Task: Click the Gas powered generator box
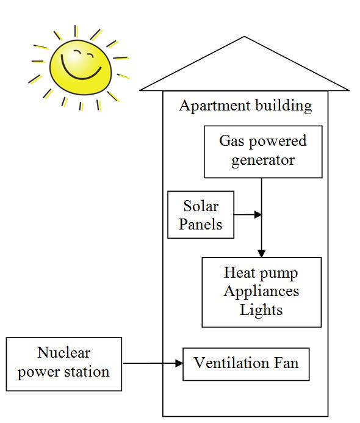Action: [263, 151]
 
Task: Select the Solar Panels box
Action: [201, 214]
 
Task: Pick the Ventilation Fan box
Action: [246, 364]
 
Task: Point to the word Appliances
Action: [261, 291]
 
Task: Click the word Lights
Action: [261, 309]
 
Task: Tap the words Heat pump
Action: [261, 272]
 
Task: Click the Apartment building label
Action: [245, 106]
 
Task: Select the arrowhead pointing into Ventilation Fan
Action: [179, 364]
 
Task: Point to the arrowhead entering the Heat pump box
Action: [262, 253]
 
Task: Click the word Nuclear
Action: [63, 353]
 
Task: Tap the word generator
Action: [264, 161]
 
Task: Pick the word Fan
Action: [286, 363]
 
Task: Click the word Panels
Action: [201, 224]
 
